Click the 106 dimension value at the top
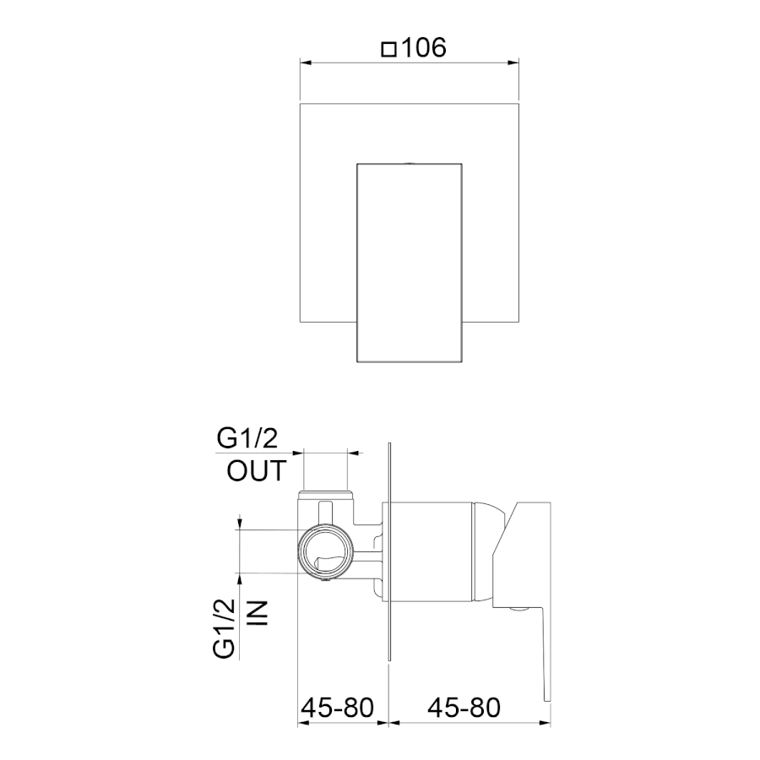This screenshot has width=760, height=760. pyautogui.click(x=424, y=48)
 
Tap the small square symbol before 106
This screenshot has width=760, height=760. pyautogui.click(x=388, y=50)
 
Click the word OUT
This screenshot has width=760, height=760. pyautogui.click(x=257, y=470)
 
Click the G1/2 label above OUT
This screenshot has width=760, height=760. pyautogui.click(x=247, y=438)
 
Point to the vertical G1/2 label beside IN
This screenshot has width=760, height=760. pyautogui.click(x=225, y=628)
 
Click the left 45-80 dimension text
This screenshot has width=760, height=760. pyautogui.click(x=337, y=708)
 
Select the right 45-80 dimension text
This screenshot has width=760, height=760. pyautogui.click(x=464, y=708)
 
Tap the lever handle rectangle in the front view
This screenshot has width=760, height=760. pyautogui.click(x=409, y=263)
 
